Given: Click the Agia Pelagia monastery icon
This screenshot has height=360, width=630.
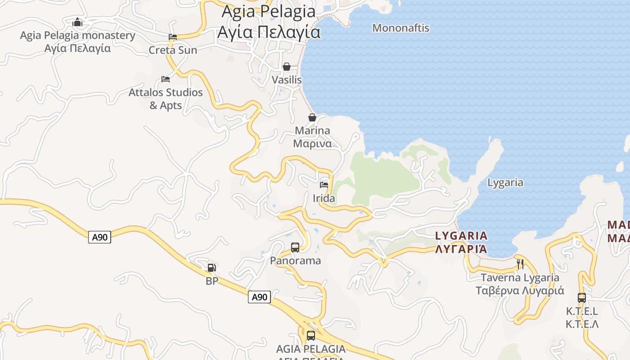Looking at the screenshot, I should pyautogui.click(x=77, y=22).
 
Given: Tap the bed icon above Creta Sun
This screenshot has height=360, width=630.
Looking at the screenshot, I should pyautogui.click(x=173, y=37).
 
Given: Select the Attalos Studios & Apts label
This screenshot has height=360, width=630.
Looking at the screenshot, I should pyautogui.click(x=166, y=99).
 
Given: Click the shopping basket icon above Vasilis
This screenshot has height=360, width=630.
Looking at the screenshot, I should pyautogui.click(x=287, y=67).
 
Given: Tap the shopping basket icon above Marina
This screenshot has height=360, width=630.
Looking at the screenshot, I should pyautogui.click(x=312, y=117).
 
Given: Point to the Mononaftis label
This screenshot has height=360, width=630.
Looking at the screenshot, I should pyautogui.click(x=400, y=28).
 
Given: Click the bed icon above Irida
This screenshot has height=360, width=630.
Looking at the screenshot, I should pyautogui.click(x=324, y=184).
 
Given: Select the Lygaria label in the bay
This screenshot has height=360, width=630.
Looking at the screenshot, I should pyautogui.click(x=505, y=182).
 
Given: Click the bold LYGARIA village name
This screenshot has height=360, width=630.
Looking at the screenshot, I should pyautogui.click(x=461, y=235).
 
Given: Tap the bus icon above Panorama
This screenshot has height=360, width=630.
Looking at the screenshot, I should pyautogui.click(x=295, y=247).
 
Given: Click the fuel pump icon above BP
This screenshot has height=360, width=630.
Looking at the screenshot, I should pyautogui.click(x=211, y=268).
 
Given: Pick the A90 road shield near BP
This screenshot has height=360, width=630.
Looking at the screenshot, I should pyautogui.click(x=259, y=297).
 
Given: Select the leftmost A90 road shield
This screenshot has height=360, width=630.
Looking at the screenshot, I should pyautogui.click(x=99, y=237).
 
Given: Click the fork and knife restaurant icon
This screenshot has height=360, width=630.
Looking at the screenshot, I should pyautogui.click(x=520, y=264).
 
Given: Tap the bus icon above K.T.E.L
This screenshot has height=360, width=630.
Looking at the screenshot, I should pyautogui.click(x=582, y=297).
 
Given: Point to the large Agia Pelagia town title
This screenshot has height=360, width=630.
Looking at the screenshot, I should pyautogui.click(x=269, y=22).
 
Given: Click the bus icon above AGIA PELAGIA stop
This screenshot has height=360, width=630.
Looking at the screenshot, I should pyautogui.click(x=311, y=335).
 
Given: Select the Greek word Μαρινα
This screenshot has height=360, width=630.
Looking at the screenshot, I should pyautogui.click(x=312, y=144).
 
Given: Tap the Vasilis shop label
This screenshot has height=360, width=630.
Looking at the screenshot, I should pyautogui.click(x=287, y=80).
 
